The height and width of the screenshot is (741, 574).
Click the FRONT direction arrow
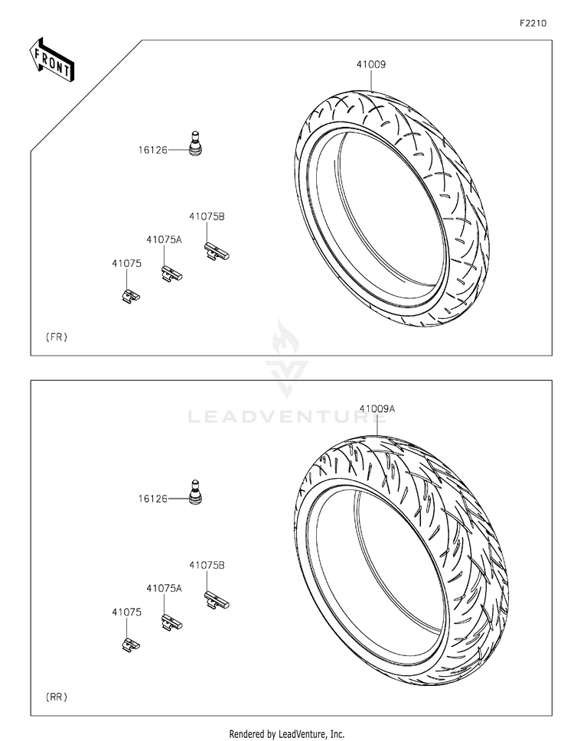click(52, 58)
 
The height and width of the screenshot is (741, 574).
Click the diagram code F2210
click(533, 24)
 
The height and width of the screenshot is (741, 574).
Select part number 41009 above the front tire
click(370, 65)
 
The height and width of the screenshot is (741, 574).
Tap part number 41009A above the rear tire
click(377, 409)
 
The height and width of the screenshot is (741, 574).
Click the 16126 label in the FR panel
click(152, 150)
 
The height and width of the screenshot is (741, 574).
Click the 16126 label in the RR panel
click(152, 498)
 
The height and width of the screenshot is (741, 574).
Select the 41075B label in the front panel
click(207, 216)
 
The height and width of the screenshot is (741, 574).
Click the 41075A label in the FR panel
click(165, 239)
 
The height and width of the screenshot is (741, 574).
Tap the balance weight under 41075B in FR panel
click(217, 251)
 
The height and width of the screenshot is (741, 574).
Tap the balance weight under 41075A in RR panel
click(171, 622)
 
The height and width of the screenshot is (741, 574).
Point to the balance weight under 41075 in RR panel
click(131, 643)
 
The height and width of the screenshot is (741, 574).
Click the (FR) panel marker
click(57, 336)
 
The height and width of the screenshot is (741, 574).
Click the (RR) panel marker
click(57, 697)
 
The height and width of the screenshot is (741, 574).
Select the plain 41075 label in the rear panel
click(126, 612)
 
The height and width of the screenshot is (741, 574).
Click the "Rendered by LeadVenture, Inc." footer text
click(287, 733)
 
